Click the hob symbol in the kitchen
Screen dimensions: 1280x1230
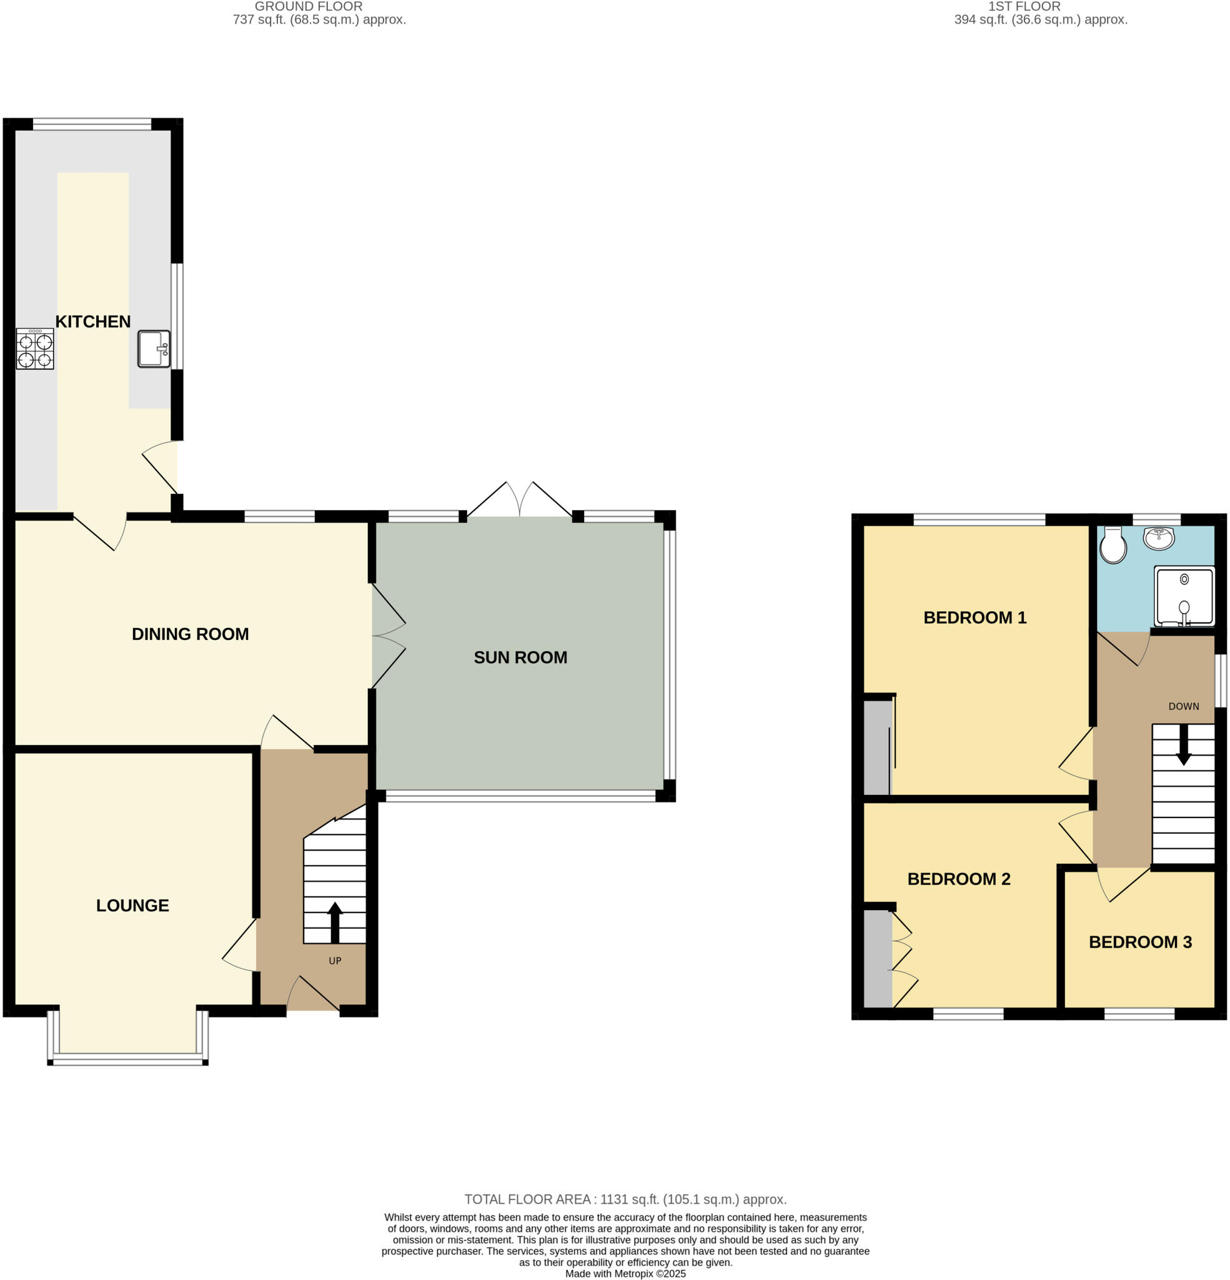coord(35,349)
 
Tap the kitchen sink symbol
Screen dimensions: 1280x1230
coord(154,349)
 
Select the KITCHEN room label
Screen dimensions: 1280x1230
coord(92,321)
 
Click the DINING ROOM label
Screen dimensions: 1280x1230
coord(190,634)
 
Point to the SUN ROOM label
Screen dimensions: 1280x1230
coord(520,657)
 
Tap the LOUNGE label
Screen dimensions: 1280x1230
coord(132,905)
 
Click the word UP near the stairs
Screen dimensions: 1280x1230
coord(335,961)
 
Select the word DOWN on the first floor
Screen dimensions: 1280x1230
coord(1183,706)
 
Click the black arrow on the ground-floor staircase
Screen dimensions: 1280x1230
coord(335,921)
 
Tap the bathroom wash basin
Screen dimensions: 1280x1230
coord(1159,538)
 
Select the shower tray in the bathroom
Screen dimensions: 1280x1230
coord(1184,596)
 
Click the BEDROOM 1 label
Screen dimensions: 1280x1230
coord(975,617)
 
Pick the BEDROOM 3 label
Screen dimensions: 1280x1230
coord(1140,942)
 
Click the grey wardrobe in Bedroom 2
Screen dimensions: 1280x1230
coord(878,958)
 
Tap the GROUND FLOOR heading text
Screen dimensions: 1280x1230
coord(308,6)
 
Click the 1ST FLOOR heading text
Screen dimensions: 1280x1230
coord(1024,6)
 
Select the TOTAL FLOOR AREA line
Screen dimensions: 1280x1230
coord(625,1199)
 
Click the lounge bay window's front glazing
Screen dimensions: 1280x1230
coord(128,1061)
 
